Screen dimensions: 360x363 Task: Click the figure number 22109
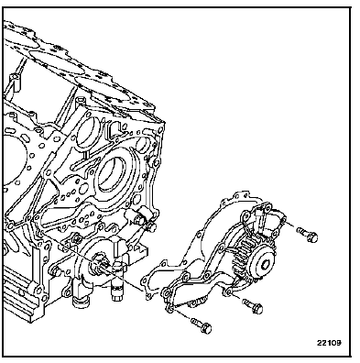[x=329, y=343]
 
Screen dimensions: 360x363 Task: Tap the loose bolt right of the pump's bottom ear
[x=253, y=306]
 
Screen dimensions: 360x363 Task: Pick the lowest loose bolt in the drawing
[x=202, y=325]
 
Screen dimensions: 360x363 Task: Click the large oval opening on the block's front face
[x=114, y=172]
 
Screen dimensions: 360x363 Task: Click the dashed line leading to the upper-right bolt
[x=290, y=225]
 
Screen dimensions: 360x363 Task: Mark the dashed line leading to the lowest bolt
[x=183, y=314]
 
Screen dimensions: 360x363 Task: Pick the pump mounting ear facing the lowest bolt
[x=169, y=308]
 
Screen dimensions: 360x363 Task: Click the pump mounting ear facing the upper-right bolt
[x=281, y=219]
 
